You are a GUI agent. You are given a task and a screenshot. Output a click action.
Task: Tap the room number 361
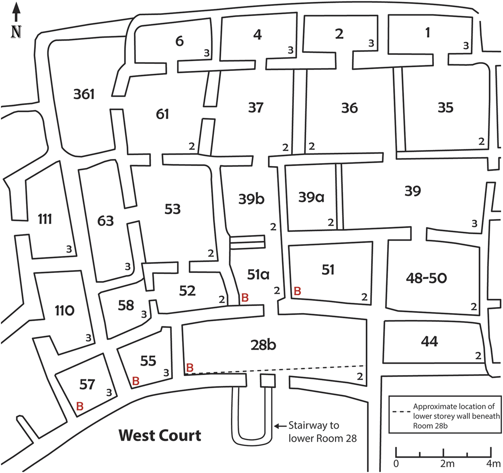pyautogui.click(x=84, y=95)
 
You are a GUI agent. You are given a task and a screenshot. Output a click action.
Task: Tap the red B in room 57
pyautogui.click(x=80, y=406)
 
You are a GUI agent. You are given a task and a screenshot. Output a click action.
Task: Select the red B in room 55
pyautogui.click(x=136, y=381)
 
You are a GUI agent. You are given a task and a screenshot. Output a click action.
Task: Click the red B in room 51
pyautogui.click(x=297, y=291)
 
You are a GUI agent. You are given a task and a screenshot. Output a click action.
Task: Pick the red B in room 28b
pyautogui.click(x=189, y=368)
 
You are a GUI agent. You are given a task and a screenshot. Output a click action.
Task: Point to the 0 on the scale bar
pyautogui.click(x=396, y=461)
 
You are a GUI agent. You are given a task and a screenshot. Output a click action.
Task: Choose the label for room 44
pyautogui.click(x=428, y=341)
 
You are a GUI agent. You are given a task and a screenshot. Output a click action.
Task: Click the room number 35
pyautogui.click(x=445, y=108)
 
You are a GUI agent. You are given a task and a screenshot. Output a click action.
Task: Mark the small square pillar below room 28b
pyautogui.click(x=267, y=381)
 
